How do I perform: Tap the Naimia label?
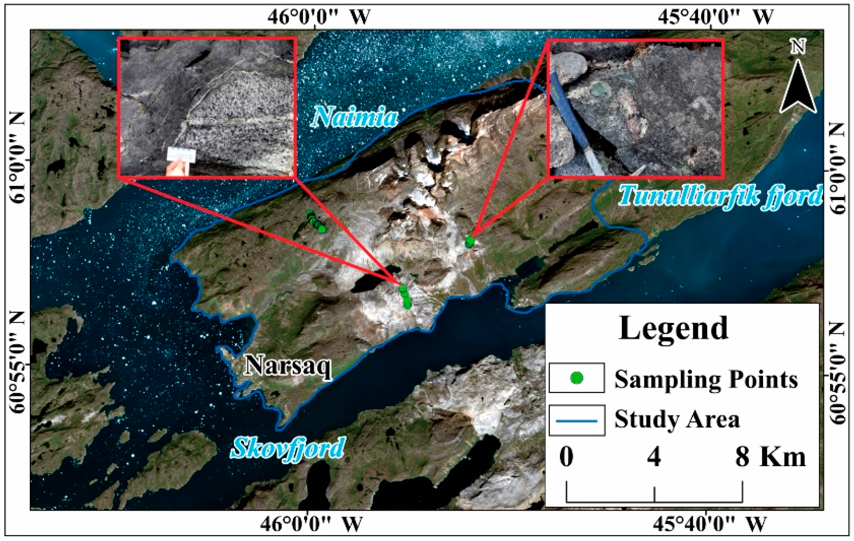coord(354,117)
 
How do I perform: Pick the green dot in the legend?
coord(576,378)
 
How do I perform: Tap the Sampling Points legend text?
coord(706,379)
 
